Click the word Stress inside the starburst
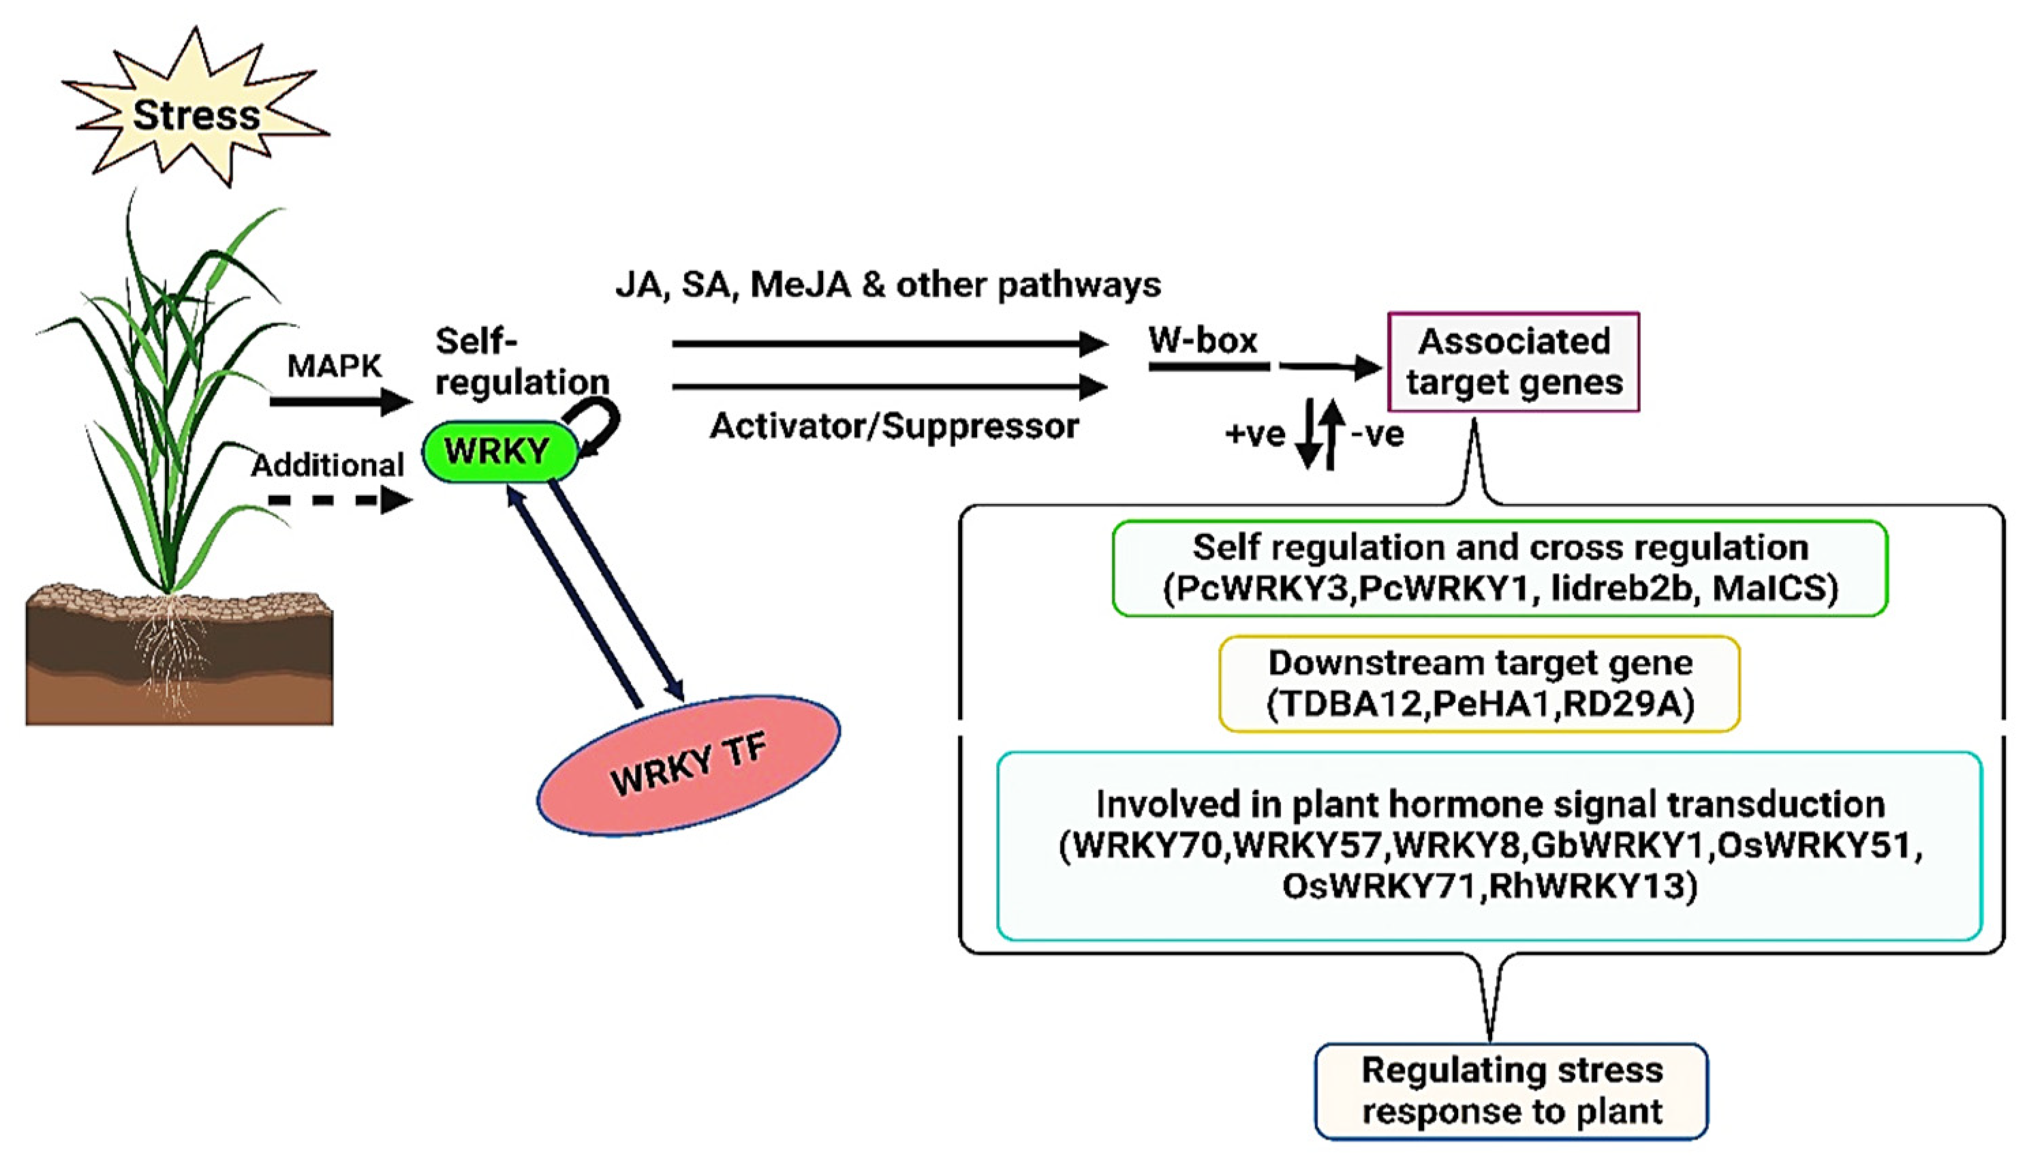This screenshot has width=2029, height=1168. click(x=196, y=114)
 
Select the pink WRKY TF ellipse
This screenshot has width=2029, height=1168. click(x=688, y=766)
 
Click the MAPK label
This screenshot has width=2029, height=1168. click(x=335, y=366)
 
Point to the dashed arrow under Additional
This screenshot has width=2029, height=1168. click(x=340, y=501)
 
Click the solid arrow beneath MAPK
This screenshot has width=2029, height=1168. click(x=341, y=400)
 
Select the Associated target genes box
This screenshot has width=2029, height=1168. click(x=1513, y=362)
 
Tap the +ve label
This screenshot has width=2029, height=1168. click(x=1255, y=434)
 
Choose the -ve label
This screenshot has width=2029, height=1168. click(x=1378, y=434)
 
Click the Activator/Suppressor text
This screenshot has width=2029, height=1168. click(x=895, y=426)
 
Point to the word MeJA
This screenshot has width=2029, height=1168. click(x=800, y=285)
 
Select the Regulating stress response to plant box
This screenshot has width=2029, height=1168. click(x=1511, y=1091)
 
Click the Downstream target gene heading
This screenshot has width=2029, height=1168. click(x=1481, y=663)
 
